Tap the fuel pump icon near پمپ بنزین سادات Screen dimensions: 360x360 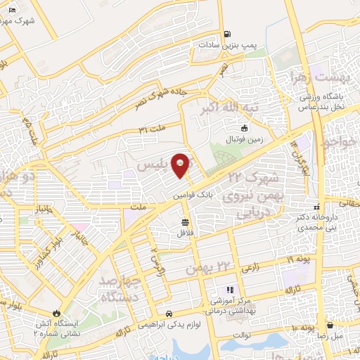(x=226, y=34)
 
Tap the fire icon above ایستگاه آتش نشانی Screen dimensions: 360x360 (x=57, y=314)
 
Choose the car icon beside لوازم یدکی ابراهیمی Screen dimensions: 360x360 (x=169, y=313)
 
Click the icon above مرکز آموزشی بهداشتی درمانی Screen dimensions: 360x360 (x=229, y=290)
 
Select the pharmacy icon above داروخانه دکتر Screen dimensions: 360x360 (x=317, y=207)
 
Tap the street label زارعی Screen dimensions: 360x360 (x=250, y=266)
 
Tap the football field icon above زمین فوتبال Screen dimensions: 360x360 (x=244, y=128)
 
